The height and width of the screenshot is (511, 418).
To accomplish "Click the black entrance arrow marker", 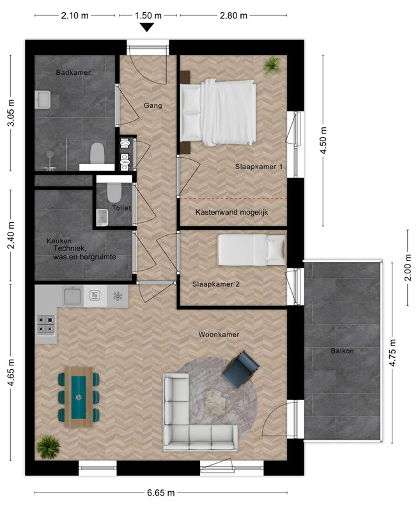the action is (148, 27).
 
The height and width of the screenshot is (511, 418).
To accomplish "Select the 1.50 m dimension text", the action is (148, 15).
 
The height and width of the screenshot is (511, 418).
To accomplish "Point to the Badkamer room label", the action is (73, 72).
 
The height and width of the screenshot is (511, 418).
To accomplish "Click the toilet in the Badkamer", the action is (97, 153).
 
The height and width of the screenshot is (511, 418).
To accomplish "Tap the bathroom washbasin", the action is (43, 100).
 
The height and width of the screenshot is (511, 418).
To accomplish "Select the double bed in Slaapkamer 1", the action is (218, 112).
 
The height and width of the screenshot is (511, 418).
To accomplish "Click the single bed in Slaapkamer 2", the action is (251, 250).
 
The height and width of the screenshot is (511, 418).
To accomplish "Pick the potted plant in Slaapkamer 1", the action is (272, 65).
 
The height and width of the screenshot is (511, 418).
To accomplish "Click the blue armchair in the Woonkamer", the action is (240, 370).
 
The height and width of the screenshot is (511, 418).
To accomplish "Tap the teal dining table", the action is (79, 397).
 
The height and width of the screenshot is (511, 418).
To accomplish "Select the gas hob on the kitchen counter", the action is (45, 325).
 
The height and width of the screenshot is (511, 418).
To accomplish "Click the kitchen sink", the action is (72, 296).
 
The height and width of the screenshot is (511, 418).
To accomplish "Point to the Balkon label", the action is (343, 351).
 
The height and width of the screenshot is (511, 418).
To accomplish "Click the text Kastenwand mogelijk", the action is (231, 213).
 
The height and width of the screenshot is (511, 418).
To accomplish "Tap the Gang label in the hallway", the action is (153, 105).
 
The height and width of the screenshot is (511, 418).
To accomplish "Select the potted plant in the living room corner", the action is (48, 447).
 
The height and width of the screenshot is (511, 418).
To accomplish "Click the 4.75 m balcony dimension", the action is (392, 353).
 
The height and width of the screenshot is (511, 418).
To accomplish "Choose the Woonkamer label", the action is (219, 334).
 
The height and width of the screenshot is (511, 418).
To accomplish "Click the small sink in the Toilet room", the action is (102, 217).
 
